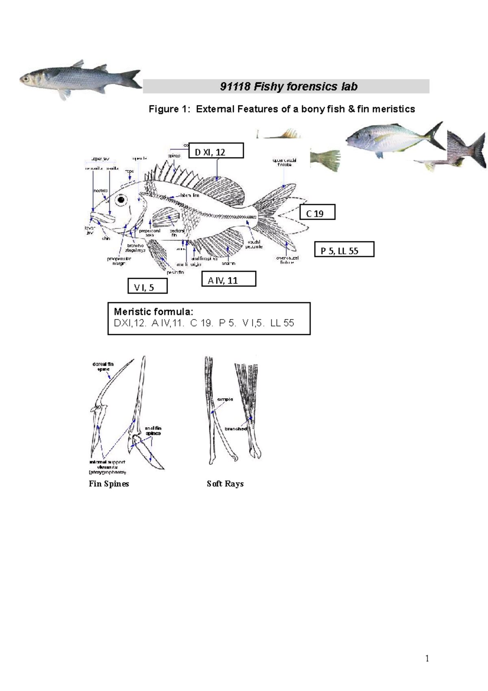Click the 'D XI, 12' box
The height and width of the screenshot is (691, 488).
pos(216,151)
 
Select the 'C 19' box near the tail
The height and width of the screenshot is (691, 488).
pos(317,212)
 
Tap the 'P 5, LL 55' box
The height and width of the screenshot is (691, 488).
pos(344,249)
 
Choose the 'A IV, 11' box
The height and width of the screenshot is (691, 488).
pos(229,279)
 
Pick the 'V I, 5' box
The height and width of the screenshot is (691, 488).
pos(147,286)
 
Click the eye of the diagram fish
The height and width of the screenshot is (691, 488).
pos(121,200)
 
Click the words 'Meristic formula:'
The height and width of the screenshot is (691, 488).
pos(153,312)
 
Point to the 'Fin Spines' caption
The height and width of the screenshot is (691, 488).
pos(109,483)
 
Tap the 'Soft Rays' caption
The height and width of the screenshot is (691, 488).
pos(225,483)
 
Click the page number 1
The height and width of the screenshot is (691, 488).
pos(427,658)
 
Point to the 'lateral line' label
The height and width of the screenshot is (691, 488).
pos(190,196)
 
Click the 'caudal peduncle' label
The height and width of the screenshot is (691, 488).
pos(254,244)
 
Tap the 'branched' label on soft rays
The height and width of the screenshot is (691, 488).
pos(235,429)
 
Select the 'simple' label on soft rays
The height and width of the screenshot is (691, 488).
pos(225,399)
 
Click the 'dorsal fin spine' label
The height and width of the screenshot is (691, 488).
pos(103,367)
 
